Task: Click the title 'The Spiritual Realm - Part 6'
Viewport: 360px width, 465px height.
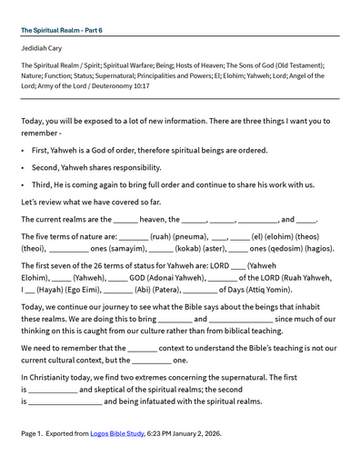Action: point(61,30)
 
